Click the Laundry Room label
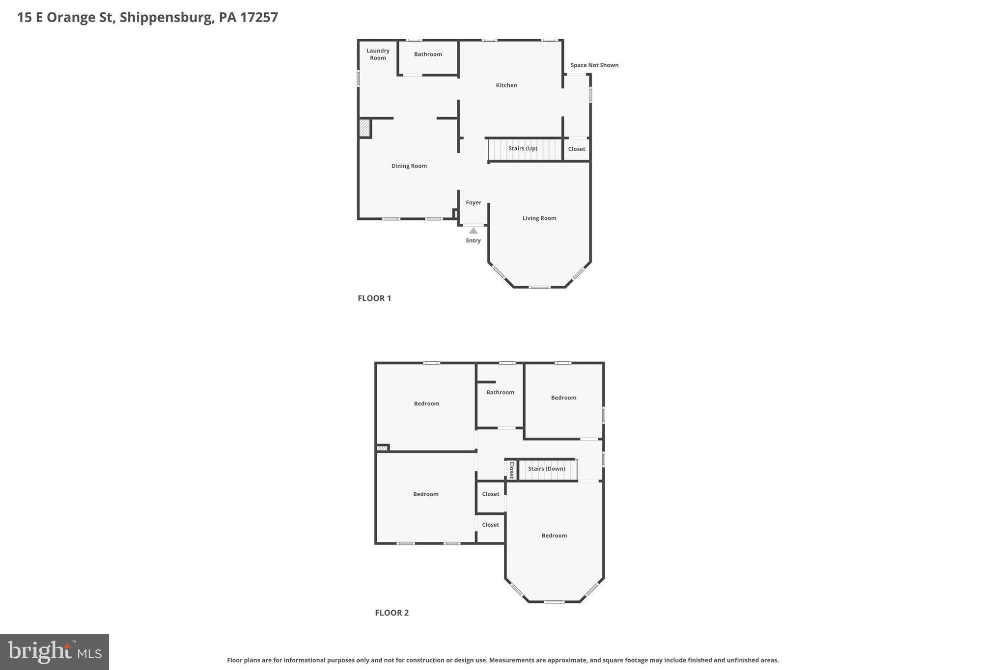(x=378, y=54)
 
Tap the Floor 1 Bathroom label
(x=428, y=54)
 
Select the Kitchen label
(x=506, y=85)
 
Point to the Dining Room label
(x=409, y=166)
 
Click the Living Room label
(x=539, y=218)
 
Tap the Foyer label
(x=474, y=203)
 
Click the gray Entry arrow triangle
(x=473, y=231)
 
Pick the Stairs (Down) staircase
(x=547, y=469)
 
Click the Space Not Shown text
(x=594, y=65)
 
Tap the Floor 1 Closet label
(x=576, y=149)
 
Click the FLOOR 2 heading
(x=391, y=613)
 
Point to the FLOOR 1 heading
(x=374, y=298)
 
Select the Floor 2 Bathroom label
(x=500, y=393)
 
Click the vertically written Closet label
(x=511, y=470)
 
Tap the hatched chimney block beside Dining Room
(x=364, y=128)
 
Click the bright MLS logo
(x=55, y=652)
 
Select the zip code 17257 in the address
(x=259, y=17)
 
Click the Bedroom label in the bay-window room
(x=554, y=536)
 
